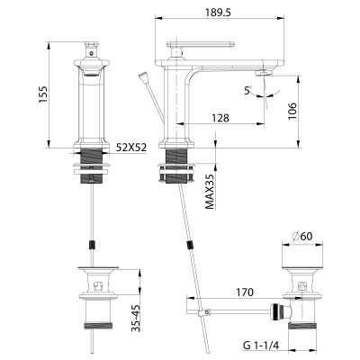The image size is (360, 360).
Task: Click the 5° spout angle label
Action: (249, 90)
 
